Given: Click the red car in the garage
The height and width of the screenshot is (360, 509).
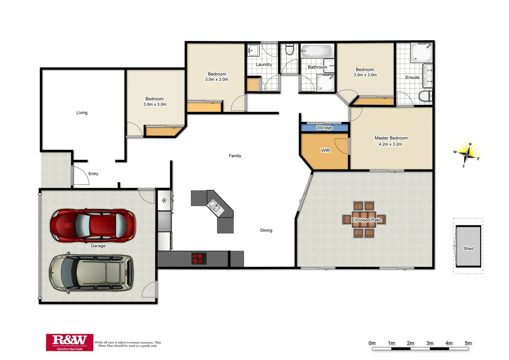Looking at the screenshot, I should click(x=93, y=225).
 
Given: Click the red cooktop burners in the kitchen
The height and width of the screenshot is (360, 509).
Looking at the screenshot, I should click(x=199, y=259).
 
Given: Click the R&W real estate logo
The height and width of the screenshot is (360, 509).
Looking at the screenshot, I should click(x=70, y=342).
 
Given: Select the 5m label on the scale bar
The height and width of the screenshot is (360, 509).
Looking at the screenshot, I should click(x=468, y=343).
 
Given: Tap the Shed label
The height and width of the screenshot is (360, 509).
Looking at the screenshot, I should click(x=468, y=249).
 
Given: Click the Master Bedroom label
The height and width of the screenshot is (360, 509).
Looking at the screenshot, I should click(x=391, y=138).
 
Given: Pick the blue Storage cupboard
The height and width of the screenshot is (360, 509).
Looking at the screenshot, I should click(x=324, y=128).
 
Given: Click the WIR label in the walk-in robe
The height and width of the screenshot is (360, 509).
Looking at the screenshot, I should click(x=325, y=151).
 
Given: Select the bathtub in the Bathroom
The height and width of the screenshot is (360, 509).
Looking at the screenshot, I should click(x=316, y=51).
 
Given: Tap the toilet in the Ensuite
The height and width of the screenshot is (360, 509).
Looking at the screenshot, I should click(x=425, y=97).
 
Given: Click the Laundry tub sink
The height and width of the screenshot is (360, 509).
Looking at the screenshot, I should click(x=253, y=51).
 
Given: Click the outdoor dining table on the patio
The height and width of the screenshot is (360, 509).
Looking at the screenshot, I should click(x=364, y=219).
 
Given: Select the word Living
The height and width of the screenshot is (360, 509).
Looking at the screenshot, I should click(x=82, y=113).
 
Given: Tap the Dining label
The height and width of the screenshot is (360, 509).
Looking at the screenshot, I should click(x=266, y=230).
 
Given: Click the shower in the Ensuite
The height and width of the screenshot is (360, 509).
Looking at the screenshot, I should click(x=421, y=52).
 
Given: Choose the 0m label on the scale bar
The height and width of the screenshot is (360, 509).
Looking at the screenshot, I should click(x=372, y=343).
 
